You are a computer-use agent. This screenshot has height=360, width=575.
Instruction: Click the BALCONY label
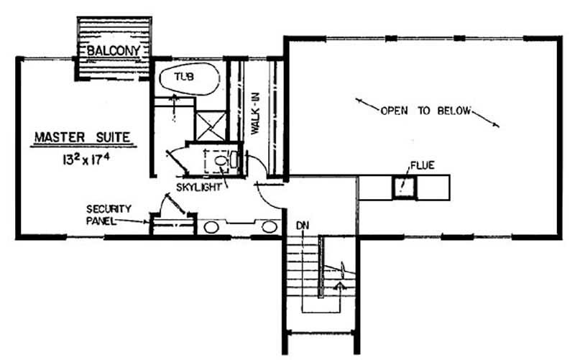point(114,51)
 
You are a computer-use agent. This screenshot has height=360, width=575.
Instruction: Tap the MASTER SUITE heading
point(83,137)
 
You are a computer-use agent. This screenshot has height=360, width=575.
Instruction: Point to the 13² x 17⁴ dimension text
point(86,160)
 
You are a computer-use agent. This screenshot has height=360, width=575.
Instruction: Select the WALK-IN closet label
point(255,114)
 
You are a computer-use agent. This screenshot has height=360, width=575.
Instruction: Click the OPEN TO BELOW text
point(425,111)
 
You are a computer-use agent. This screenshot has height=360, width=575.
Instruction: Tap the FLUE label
point(422,166)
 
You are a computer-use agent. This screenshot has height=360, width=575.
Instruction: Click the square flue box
point(405,188)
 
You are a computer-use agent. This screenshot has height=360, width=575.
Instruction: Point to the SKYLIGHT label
point(199,188)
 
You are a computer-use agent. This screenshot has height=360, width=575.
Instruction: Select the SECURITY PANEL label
point(109,215)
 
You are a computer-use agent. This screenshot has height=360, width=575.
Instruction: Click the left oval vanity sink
point(211,227)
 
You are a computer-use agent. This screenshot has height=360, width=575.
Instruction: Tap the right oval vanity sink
point(269,227)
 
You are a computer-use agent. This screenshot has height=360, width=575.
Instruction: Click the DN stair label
point(303,226)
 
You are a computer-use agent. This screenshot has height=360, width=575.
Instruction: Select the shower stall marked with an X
point(210,126)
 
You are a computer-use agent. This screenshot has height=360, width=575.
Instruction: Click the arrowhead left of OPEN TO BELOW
point(359,100)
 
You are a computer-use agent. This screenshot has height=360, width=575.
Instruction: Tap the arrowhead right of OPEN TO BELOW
point(495,125)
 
